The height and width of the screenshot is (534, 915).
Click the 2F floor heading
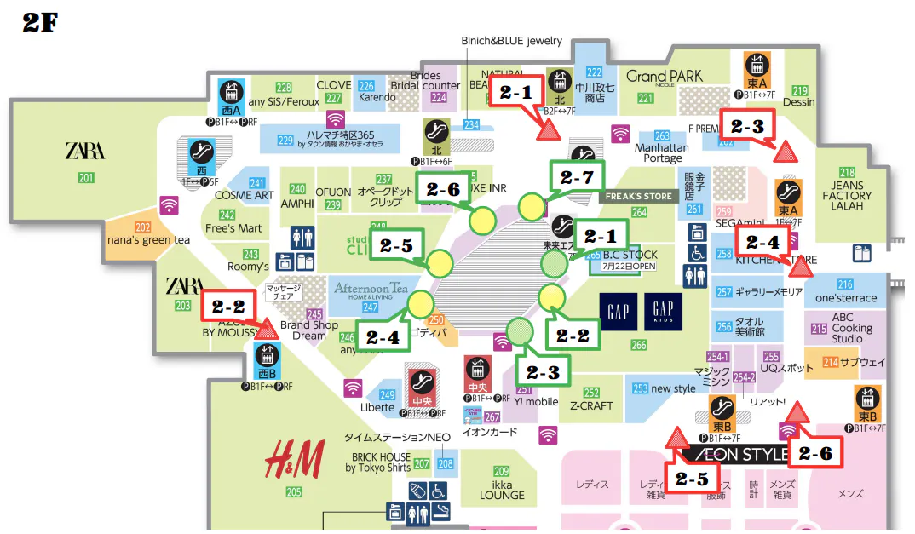coord(39,23)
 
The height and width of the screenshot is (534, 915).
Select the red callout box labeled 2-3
coord(747,126)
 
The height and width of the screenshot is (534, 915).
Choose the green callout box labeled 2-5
coord(395,246)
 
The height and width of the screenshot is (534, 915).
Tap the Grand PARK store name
coord(665,77)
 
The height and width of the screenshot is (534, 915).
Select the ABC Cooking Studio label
coord(852,328)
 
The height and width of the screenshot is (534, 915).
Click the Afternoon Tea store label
coord(371,290)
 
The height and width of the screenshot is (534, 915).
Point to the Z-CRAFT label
coord(591,405)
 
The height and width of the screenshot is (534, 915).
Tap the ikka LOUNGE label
coord(502,489)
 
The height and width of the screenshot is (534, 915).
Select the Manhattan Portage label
coord(663,153)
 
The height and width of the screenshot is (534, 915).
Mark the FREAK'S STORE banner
coord(639,197)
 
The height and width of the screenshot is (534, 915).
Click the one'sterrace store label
coord(845,298)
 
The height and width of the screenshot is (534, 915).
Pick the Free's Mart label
coord(233,228)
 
